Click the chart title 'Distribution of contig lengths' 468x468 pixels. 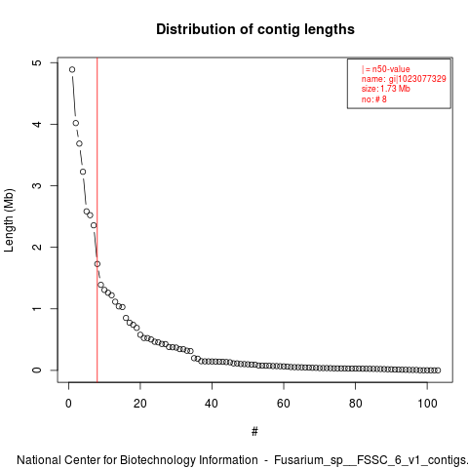click(x=255, y=29)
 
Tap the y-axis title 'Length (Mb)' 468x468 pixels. click(x=9, y=220)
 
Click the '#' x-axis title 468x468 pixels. click(x=254, y=431)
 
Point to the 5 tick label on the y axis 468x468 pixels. click(x=38, y=62)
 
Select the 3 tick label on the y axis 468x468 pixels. click(x=38, y=185)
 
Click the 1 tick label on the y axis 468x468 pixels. click(x=38, y=308)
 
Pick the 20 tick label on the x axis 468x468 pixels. click(x=140, y=404)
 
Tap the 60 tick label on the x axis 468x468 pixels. click(x=284, y=404)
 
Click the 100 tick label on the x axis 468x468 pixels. click(x=427, y=404)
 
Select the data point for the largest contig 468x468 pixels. click(x=72, y=69)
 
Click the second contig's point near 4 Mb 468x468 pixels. click(x=76, y=123)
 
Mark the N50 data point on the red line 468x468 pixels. click(x=97, y=264)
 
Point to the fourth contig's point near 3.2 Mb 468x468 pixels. click(x=83, y=172)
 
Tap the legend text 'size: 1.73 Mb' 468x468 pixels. click(x=386, y=89)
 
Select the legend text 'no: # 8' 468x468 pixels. click(x=374, y=99)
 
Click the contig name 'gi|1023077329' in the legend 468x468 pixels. click(x=417, y=79)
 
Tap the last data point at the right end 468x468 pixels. click(x=438, y=370)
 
